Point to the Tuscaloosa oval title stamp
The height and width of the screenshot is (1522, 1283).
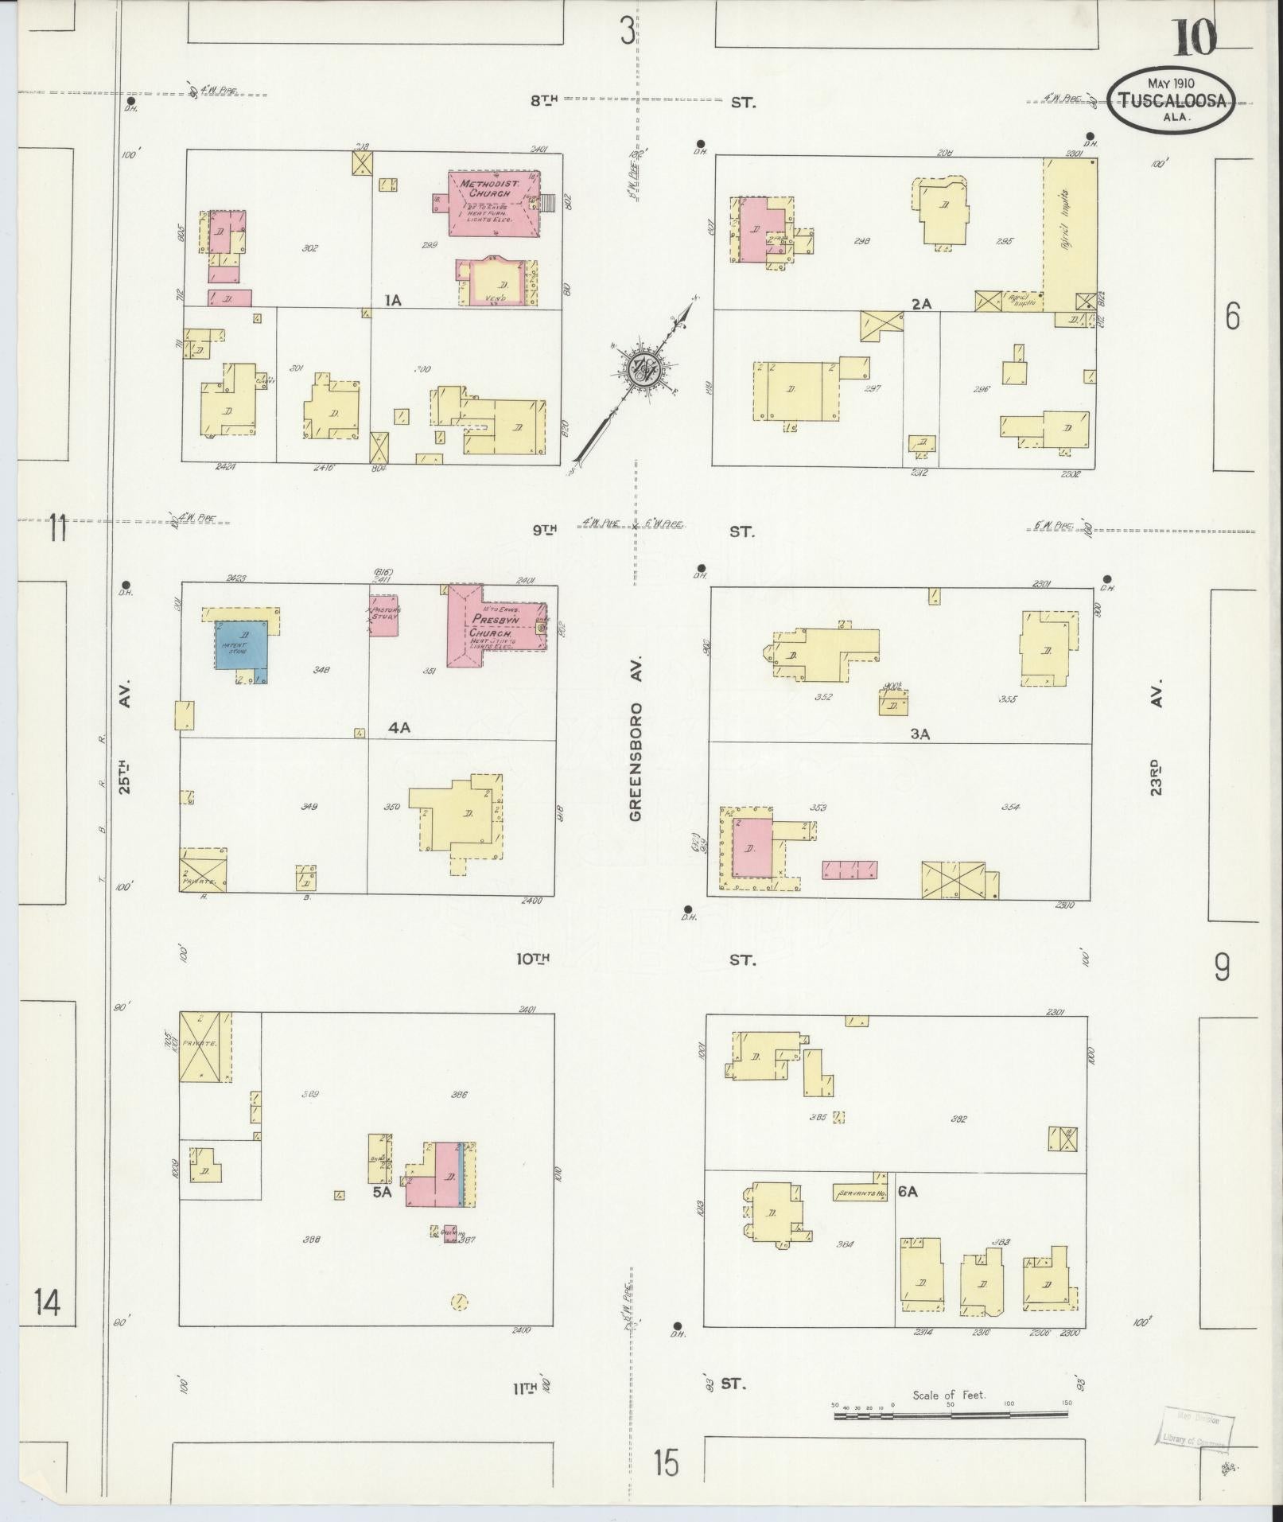1172,100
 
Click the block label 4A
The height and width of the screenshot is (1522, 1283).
399,727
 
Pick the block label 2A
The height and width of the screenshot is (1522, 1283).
921,303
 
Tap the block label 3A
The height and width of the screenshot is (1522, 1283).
919,734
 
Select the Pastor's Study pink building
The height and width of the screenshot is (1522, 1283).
383,614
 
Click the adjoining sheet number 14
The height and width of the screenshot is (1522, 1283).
48,1304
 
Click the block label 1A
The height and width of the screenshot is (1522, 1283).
392,300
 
